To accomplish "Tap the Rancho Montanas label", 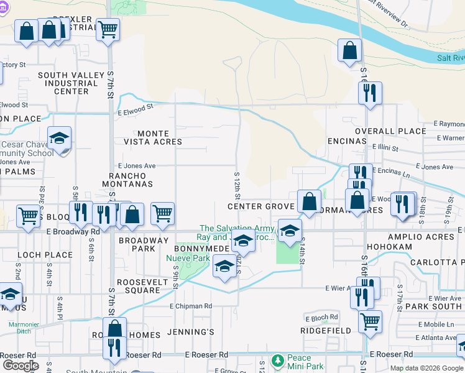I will tap(127, 180).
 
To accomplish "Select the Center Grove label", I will tap(260, 206).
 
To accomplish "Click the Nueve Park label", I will tap(191, 258).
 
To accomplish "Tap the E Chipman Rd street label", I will tap(191, 306).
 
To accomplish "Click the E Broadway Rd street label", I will tap(73, 231).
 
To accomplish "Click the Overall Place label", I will tap(384, 132).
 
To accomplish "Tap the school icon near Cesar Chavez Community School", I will tap(60, 139).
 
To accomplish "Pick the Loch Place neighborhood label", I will tap(45, 255).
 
